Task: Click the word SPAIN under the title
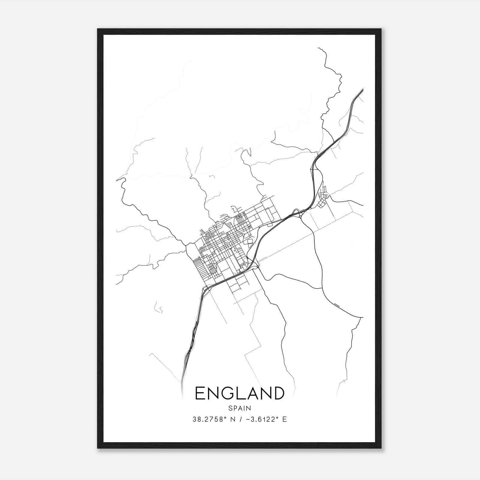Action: (x=239, y=408)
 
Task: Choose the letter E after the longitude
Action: (x=284, y=419)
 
